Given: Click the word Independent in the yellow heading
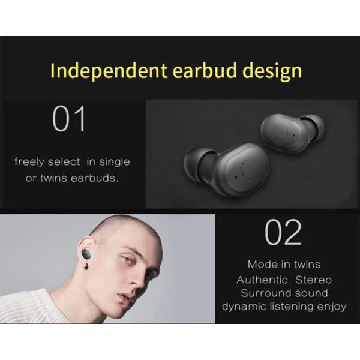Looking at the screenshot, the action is pos(109,70).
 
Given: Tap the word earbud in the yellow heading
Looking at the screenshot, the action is pos(205,70).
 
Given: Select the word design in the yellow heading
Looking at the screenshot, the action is pos(272,71).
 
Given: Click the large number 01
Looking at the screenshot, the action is pos(69,119).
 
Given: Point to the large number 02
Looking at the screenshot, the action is pos(283,232).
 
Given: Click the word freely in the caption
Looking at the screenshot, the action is pos(29,162).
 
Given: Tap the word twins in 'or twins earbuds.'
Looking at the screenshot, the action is pos(54,178).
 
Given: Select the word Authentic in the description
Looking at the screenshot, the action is pos(262,280).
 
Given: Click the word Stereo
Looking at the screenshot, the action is pos(313,280).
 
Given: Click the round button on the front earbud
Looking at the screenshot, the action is pos(249,170).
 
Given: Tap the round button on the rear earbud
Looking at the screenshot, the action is pos(281,131).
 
